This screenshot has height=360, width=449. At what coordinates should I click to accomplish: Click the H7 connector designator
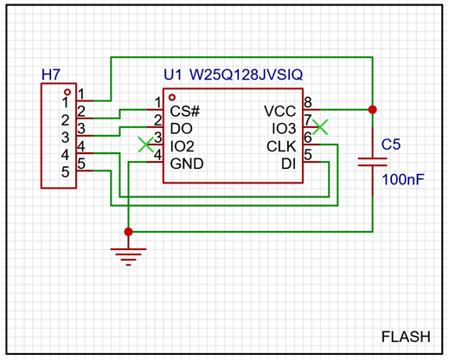point(51,74)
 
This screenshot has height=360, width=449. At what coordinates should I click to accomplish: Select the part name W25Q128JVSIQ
point(246,74)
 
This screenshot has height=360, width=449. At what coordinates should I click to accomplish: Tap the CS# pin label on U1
point(185,111)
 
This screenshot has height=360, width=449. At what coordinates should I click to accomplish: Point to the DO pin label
point(181,129)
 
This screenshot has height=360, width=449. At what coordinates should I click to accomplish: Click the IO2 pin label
point(182,146)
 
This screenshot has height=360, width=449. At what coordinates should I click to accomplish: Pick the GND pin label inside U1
point(187,164)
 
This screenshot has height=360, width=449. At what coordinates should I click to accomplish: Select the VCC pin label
point(280,111)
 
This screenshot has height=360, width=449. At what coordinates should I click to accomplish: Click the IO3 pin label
point(284,129)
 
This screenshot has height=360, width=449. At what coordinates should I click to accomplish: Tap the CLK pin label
point(281,146)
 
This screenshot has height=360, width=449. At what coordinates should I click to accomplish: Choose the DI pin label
point(289,164)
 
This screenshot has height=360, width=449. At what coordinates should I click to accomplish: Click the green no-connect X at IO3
point(320,127)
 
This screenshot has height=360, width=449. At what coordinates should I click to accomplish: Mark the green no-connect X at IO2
point(146,145)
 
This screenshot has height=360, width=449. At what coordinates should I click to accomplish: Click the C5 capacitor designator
point(391,145)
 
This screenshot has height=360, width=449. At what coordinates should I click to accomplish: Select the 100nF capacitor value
point(403,179)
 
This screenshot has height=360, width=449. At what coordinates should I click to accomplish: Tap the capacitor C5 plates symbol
point(373,162)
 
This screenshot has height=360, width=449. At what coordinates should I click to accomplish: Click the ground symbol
point(128,257)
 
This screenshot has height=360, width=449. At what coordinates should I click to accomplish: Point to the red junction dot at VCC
point(373,110)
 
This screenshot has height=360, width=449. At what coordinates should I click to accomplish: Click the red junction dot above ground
point(128,232)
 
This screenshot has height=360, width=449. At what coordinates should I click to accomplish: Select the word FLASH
point(406,337)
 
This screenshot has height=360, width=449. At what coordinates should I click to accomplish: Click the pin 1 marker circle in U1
point(172,97)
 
